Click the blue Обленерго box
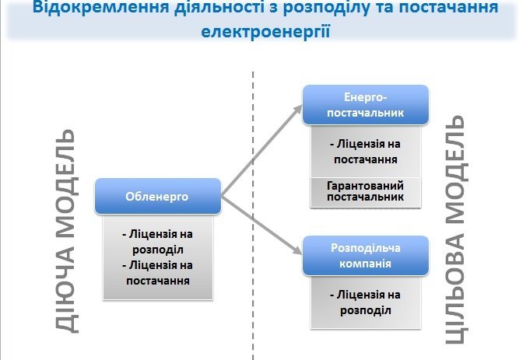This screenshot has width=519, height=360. pos(157,197)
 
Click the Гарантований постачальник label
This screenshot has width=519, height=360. pos(365,191)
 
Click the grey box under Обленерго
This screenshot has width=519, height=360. pos(158,257)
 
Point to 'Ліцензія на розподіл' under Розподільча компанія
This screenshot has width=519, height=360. pos(365,302)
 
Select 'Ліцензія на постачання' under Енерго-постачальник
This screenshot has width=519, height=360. pos(365,152)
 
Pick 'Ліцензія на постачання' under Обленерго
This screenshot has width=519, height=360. pos(158,272)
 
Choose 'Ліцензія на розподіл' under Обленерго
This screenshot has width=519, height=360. pos(158,240)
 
